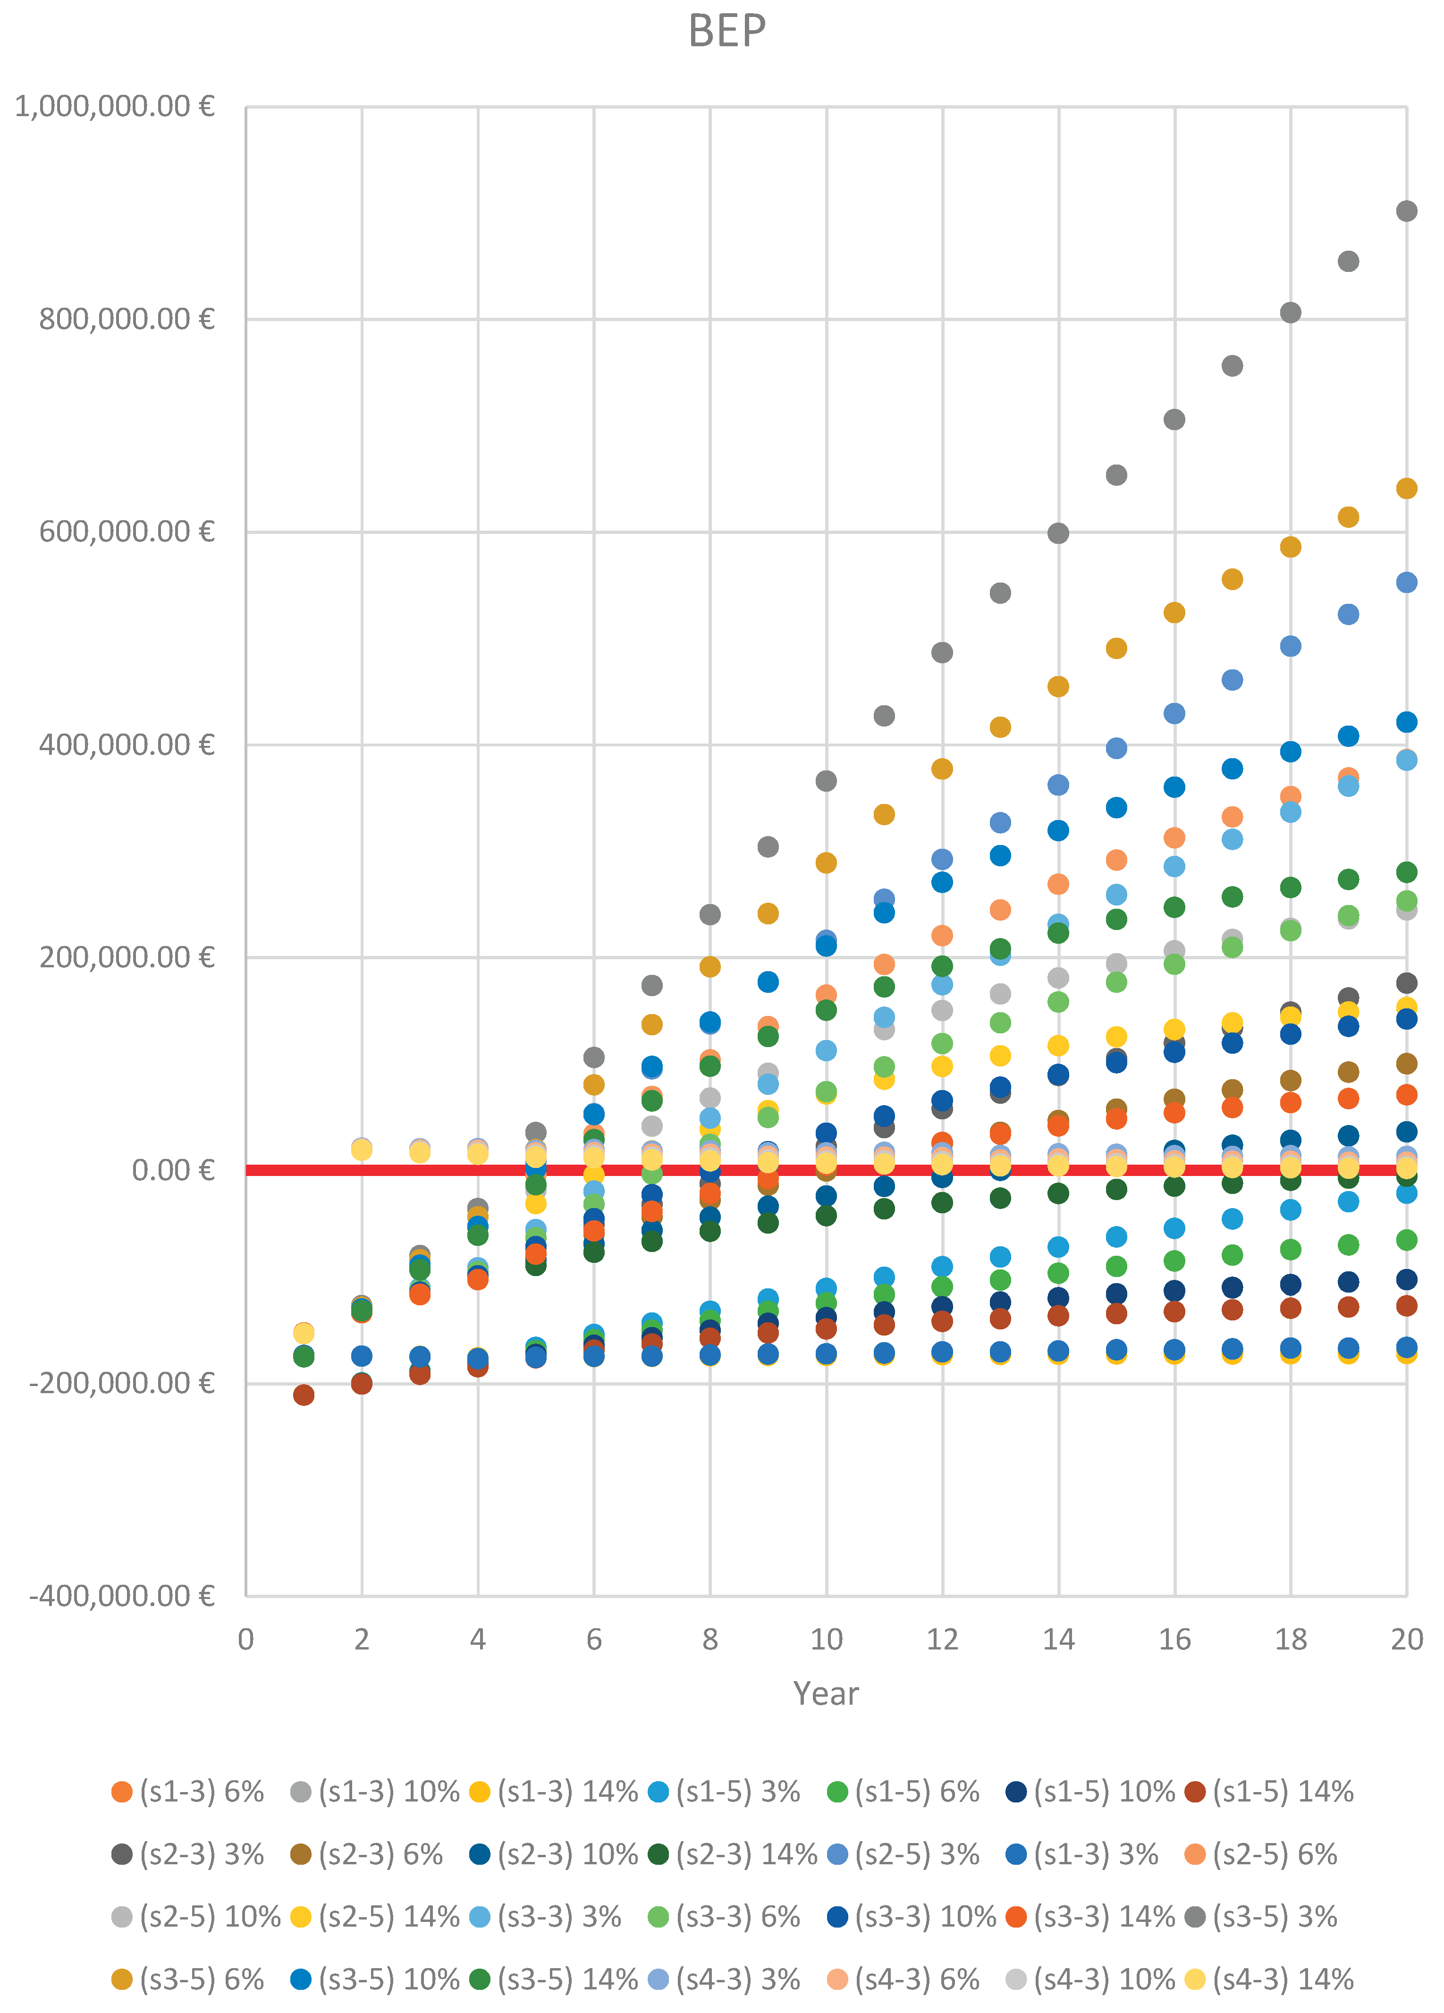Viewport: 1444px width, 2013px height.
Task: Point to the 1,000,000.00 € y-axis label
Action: tap(115, 107)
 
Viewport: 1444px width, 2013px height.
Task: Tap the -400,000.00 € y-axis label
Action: tap(122, 1596)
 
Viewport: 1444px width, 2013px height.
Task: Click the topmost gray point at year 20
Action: tap(1406, 211)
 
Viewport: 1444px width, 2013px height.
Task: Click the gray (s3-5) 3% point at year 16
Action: tap(1174, 420)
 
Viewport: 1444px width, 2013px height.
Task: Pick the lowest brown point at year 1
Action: tap(304, 1395)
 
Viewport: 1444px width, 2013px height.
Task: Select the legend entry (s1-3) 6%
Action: tap(188, 1792)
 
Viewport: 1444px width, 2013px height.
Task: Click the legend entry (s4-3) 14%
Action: tap(1270, 1979)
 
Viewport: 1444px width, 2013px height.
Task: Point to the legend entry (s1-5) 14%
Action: tap(1270, 1792)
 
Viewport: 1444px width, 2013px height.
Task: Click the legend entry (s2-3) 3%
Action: tap(188, 1854)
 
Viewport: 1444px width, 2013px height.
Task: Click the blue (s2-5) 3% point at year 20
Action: tap(1406, 582)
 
